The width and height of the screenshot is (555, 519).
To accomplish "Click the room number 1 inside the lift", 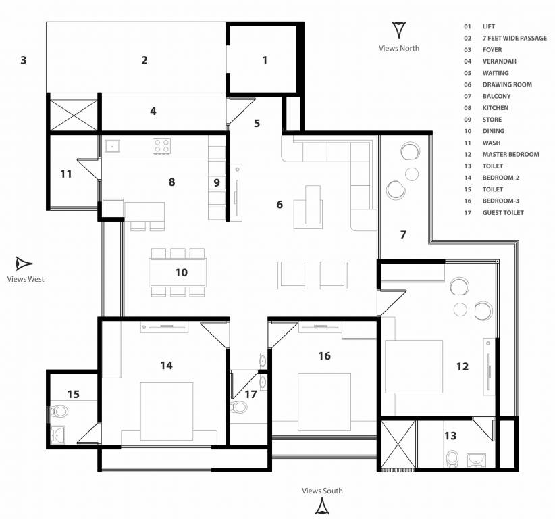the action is pyautogui.click(x=265, y=60).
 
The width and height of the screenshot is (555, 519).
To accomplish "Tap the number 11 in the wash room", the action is pyautogui.click(x=66, y=174).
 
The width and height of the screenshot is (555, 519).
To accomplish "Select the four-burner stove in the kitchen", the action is pyautogui.click(x=162, y=146).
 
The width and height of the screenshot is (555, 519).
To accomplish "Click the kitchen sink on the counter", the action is pyautogui.click(x=112, y=146).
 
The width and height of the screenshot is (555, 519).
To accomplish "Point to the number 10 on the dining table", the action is pyautogui.click(x=181, y=272).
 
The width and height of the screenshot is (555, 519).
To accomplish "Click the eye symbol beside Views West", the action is pyautogui.click(x=24, y=264).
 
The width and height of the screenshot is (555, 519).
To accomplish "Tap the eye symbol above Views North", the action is pyautogui.click(x=399, y=30).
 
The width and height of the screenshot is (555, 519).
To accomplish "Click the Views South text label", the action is pyautogui.click(x=322, y=491).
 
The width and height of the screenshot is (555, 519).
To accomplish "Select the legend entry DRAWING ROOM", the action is pyautogui.click(x=507, y=84).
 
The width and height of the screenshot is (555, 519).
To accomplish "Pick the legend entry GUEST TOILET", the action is pyautogui.click(x=503, y=213).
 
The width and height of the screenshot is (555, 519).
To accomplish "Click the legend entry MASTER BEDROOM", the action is pyautogui.click(x=510, y=155).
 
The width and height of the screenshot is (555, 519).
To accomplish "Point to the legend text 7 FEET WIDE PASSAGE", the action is pyautogui.click(x=514, y=38).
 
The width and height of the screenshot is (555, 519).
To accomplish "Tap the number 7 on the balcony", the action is pyautogui.click(x=403, y=234).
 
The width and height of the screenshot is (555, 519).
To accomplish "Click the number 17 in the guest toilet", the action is pyautogui.click(x=250, y=394).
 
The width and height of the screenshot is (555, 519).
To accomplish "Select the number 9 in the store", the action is pyautogui.click(x=217, y=182).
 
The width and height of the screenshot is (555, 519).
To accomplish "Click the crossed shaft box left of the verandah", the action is pyautogui.click(x=74, y=115).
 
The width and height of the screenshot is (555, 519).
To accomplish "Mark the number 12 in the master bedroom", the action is pyautogui.click(x=462, y=366).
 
